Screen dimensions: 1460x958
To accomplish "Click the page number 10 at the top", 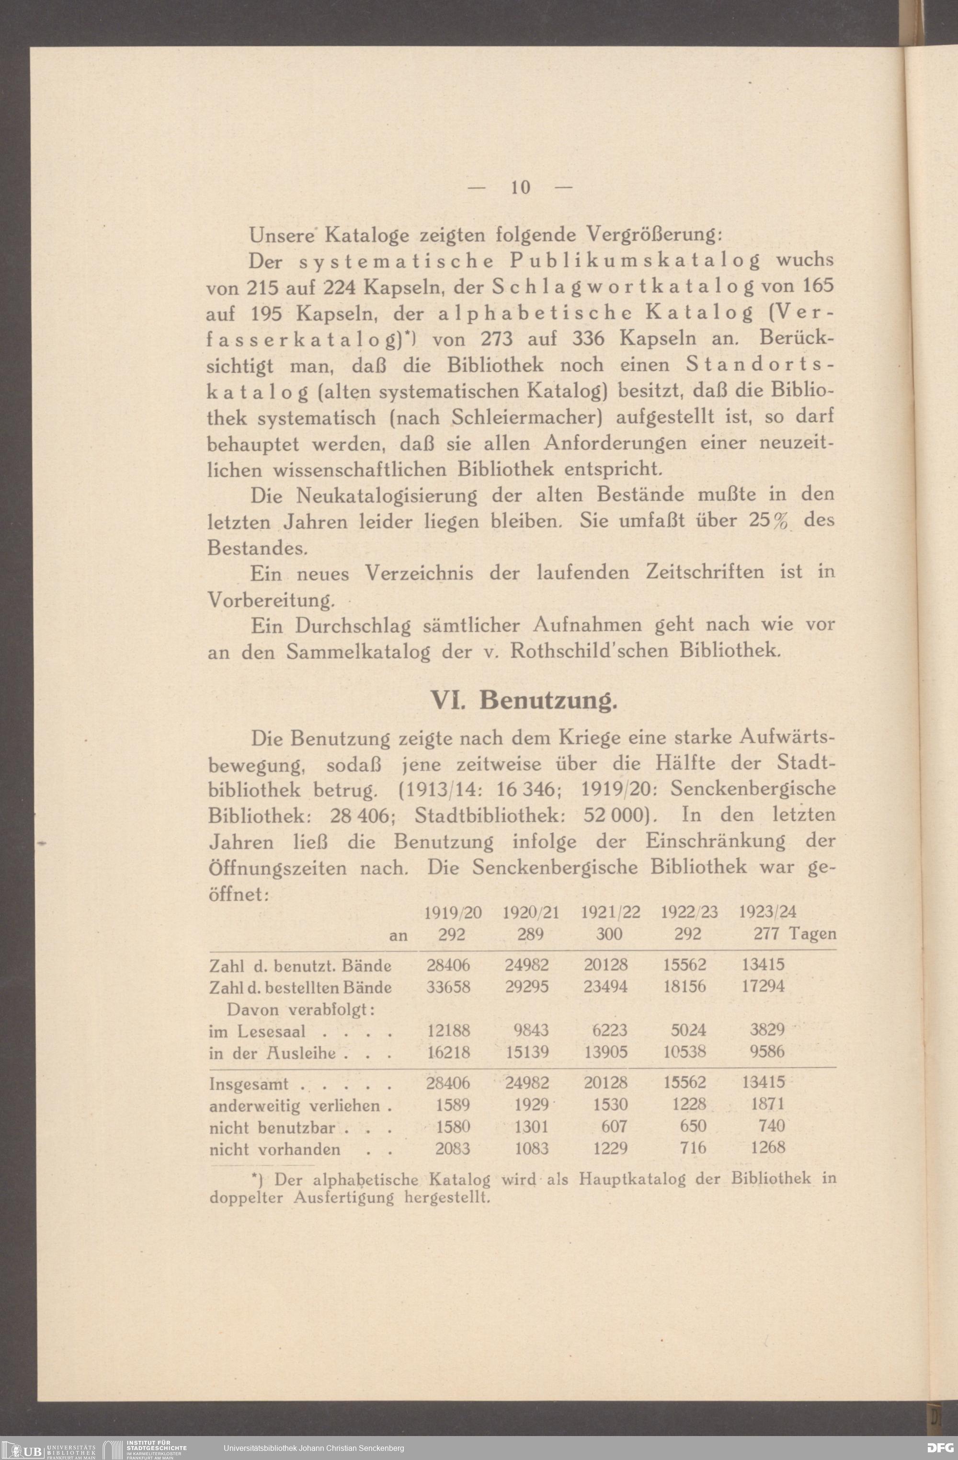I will pos(520,186).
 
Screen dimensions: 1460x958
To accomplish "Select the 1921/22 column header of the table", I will pos(610,912).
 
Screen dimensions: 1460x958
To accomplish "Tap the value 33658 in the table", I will pos(448,987).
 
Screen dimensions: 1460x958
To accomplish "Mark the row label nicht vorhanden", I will pos(275,1149).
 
